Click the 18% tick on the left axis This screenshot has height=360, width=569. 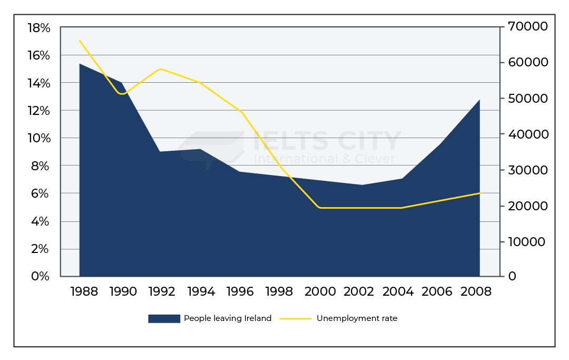click(38, 28)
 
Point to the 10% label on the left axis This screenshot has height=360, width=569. click(38, 138)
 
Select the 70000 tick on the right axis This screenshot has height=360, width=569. click(527, 26)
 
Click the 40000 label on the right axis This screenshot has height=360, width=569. click(527, 134)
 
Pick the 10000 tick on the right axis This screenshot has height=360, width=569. click(527, 242)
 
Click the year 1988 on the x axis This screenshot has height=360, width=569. click(84, 291)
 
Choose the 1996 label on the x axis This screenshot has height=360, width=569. click(241, 291)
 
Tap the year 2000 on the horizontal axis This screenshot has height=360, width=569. click(319, 291)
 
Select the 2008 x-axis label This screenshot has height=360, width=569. click(477, 291)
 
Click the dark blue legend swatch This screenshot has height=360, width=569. click(164, 318)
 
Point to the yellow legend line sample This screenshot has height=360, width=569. click(296, 318)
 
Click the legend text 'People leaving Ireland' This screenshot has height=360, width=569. click(228, 318)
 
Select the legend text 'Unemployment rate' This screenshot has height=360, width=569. click(357, 318)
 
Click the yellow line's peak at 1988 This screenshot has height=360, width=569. click(80, 41)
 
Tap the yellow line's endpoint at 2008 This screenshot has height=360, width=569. click(480, 193)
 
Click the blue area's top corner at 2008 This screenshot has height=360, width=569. click(479, 100)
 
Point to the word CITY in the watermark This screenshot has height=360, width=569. click(364, 141)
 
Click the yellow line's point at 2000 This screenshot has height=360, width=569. click(319, 208)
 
